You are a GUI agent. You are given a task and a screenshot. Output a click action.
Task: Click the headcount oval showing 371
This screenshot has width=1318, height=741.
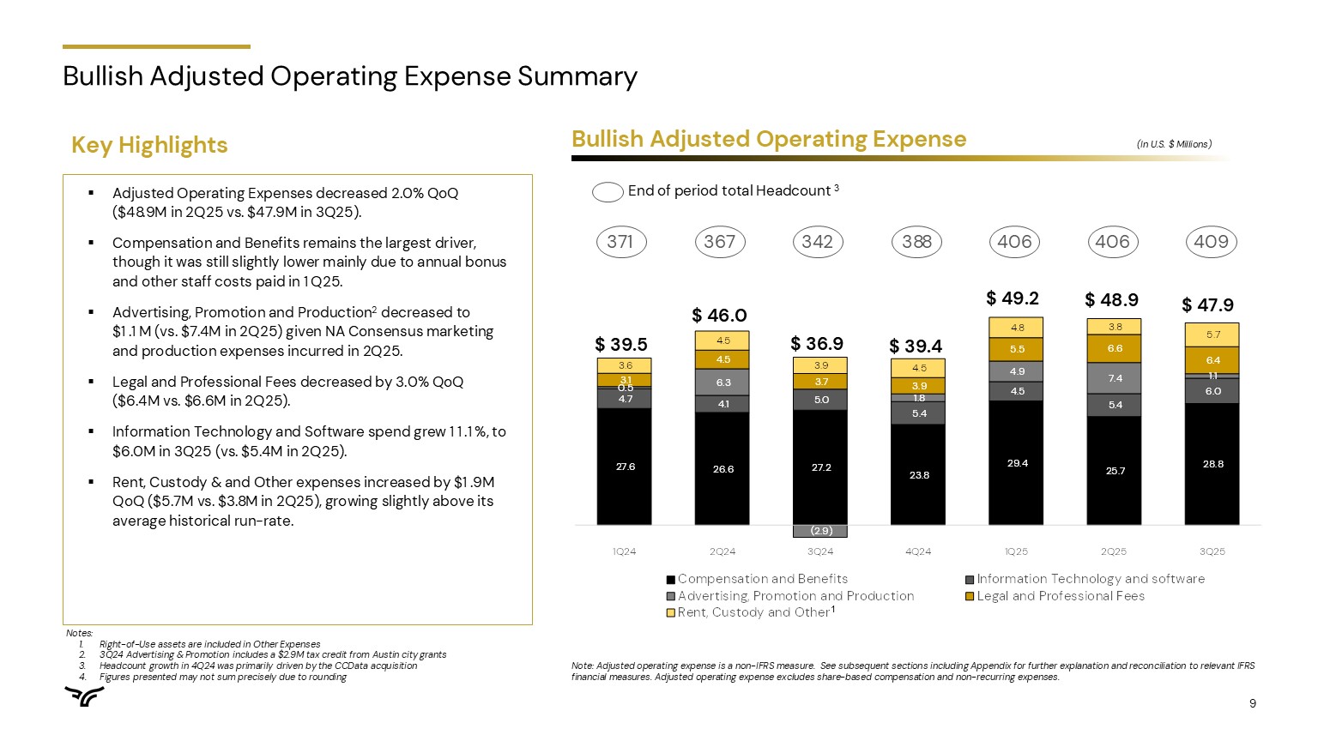[620, 242]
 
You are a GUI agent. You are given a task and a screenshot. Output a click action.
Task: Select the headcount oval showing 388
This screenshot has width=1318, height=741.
[916, 242]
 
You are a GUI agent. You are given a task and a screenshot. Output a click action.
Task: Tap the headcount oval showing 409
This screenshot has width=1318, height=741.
[1212, 242]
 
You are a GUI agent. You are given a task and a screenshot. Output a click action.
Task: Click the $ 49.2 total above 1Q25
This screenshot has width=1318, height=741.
[1013, 298]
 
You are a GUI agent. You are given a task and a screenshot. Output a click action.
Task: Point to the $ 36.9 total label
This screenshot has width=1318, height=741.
[817, 344]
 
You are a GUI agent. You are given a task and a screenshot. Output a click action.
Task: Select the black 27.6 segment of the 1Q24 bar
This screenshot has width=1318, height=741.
[625, 467]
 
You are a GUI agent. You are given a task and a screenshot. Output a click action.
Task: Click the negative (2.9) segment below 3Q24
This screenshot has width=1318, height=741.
[820, 531]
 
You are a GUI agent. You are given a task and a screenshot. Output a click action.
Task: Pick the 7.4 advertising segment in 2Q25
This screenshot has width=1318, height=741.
[1115, 378]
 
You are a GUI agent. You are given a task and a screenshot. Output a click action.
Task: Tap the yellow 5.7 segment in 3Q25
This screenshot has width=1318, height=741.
[1212, 334]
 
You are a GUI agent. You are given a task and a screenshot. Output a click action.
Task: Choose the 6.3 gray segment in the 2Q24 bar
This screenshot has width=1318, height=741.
[722, 383]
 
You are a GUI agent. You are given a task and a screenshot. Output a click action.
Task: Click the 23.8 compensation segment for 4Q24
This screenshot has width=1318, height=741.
[919, 474]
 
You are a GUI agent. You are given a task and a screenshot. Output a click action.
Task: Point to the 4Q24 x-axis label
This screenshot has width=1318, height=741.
[918, 551]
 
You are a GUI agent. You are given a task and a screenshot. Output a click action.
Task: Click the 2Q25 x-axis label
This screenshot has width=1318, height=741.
[1114, 551]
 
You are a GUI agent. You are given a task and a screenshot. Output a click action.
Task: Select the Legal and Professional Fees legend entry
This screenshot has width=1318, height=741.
[1060, 596]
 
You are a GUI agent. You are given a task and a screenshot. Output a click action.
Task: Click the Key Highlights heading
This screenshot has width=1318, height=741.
[149, 145]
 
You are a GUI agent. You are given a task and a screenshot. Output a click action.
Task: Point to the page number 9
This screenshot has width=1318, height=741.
[1253, 704]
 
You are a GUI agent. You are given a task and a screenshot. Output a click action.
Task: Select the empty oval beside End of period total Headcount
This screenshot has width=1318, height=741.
[608, 192]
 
